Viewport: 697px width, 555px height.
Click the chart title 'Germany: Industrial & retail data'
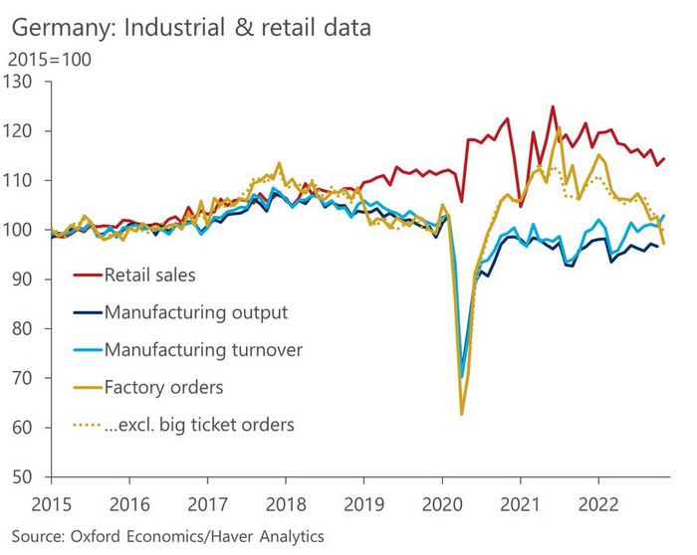coord(188,27)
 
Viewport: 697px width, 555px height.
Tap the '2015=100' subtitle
coord(49,59)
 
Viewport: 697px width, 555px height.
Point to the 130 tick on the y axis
coord(21,82)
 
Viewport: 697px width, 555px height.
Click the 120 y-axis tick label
coord(21,131)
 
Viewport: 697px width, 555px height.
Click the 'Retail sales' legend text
coord(150,275)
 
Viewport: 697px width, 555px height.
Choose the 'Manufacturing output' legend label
coord(195,312)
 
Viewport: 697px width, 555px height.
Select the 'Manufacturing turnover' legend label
coord(202,349)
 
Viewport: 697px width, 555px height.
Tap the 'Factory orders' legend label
coord(163,387)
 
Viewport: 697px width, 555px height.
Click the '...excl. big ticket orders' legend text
coord(199,425)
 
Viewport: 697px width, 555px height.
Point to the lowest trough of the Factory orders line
coord(462,414)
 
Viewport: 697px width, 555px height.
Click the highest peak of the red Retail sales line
coord(553,106)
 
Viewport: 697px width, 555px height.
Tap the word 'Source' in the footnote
coord(36,536)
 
